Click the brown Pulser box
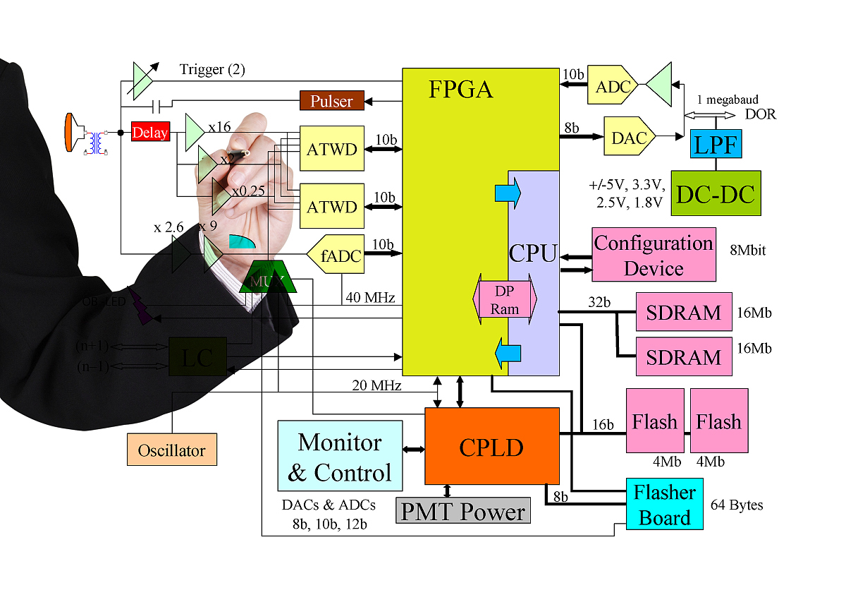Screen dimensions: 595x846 tap(331, 100)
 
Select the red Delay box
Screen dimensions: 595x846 tap(150, 132)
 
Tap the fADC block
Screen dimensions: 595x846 tap(337, 254)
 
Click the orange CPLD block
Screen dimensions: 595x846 tap(491, 445)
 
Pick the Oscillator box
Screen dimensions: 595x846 tap(171, 450)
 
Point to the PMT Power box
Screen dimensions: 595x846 tap(462, 511)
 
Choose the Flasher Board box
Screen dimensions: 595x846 tap(664, 504)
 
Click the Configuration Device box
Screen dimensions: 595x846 tap(654, 254)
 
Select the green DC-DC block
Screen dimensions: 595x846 tap(716, 193)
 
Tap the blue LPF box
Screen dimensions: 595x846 tap(716, 145)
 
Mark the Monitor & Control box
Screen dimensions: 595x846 tap(340, 456)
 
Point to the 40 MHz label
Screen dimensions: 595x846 tap(370, 297)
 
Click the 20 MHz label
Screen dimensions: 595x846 tap(377, 385)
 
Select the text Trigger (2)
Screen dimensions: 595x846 tap(212, 69)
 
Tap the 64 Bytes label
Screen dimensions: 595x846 tap(737, 505)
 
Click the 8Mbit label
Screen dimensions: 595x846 tap(748, 249)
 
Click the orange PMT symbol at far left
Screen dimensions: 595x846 tap(68, 132)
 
